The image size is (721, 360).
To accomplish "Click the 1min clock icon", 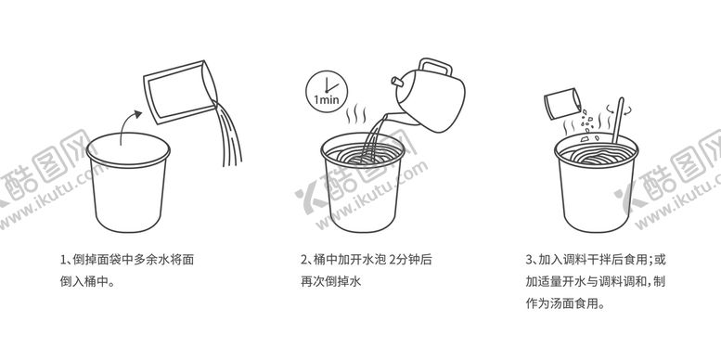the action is click(x=327, y=92).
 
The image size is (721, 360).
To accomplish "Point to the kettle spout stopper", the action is click(x=396, y=82).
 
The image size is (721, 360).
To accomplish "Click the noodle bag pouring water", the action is click(x=180, y=92).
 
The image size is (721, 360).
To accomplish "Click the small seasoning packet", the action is click(x=562, y=104).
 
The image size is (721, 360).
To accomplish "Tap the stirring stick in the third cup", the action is click(x=618, y=121).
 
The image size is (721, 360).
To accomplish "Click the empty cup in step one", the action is click(x=128, y=182).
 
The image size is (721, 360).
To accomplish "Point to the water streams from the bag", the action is click(x=227, y=134).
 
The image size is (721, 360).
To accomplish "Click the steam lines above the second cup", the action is click(x=357, y=115).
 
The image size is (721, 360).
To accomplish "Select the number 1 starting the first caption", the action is click(x=63, y=260).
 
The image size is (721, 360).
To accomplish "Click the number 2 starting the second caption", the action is click(x=304, y=260).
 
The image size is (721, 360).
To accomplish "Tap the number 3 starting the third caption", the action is click(x=529, y=260).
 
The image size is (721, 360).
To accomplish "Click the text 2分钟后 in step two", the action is click(x=411, y=260).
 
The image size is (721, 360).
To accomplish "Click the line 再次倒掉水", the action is click(x=330, y=281).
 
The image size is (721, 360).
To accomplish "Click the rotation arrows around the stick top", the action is click(x=619, y=109).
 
